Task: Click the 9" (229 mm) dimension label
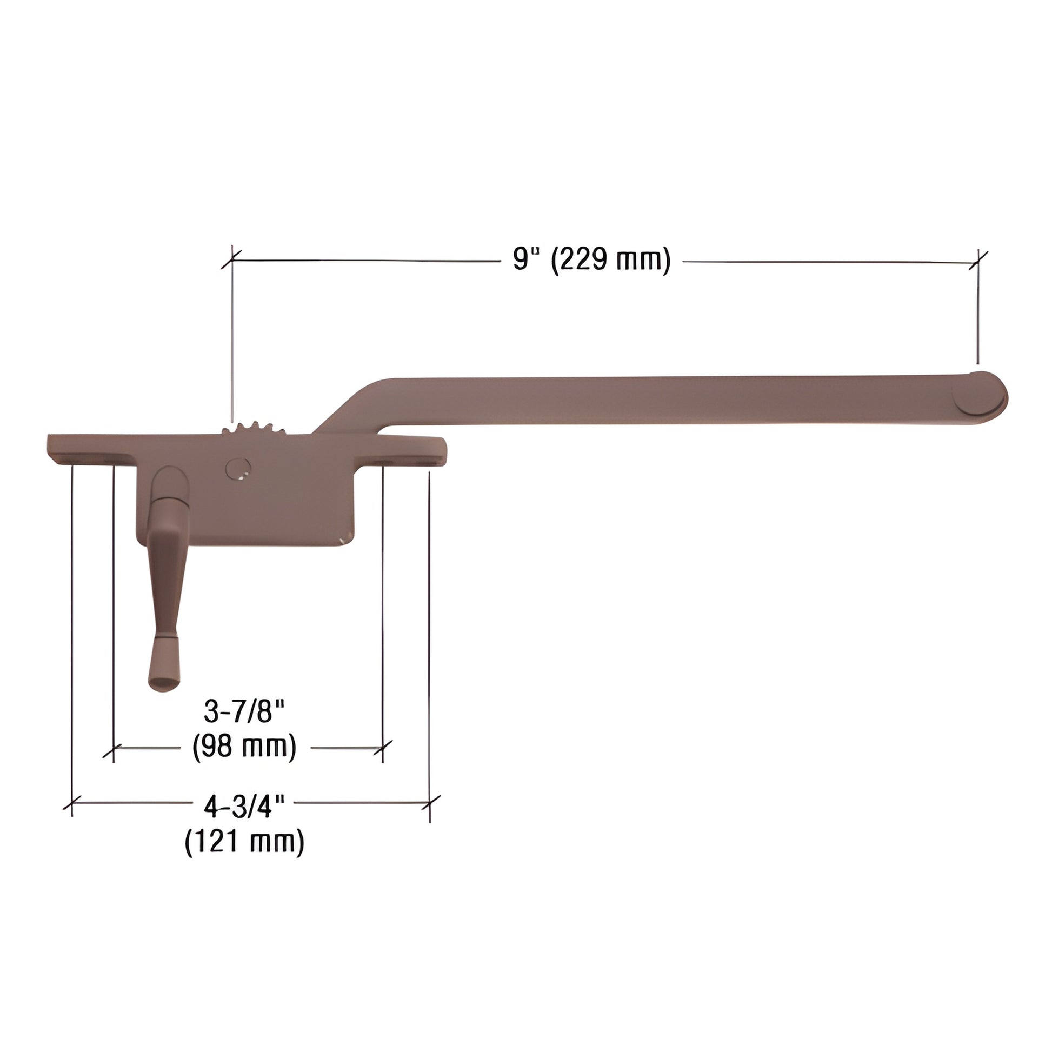tap(591, 259)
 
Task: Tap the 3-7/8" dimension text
tap(244, 710)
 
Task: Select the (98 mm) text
tap(244, 747)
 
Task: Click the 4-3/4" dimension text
tap(244, 806)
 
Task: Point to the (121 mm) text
tap(244, 842)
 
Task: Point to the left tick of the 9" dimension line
tap(232, 259)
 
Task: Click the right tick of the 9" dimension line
tap(978, 262)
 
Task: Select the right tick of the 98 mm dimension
tap(383, 748)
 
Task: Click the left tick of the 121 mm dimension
tap(72, 803)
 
